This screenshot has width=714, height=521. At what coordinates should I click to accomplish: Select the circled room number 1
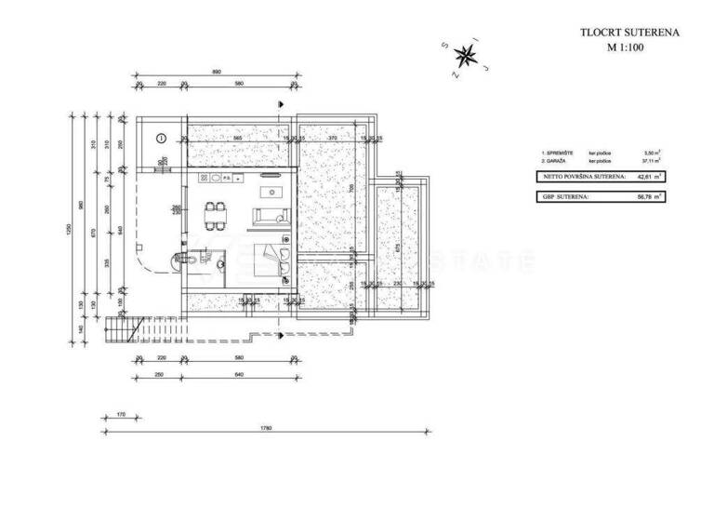point(161,138)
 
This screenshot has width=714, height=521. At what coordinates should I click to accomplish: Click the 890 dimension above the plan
point(217,72)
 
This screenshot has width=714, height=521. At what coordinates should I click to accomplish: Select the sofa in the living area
point(271,216)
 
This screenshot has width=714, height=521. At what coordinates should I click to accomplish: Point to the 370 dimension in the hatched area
point(331,138)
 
